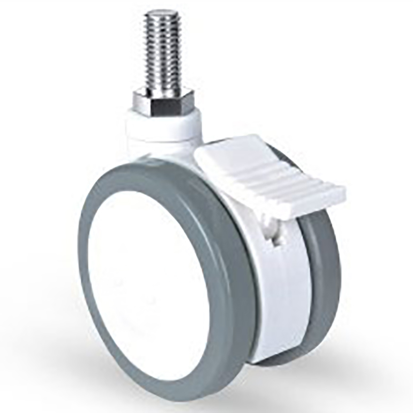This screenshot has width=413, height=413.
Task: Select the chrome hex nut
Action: coord(165,100)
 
